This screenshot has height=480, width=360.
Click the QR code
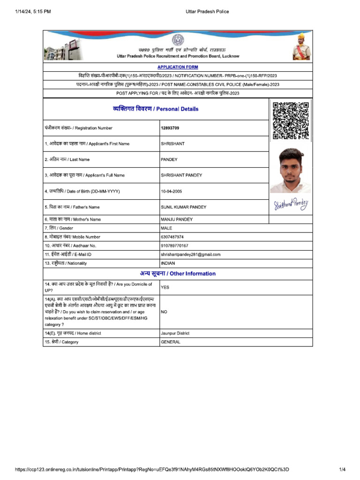click(291, 120)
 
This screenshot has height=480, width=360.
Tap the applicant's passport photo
click(291, 170)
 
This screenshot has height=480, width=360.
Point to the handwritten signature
click(291, 204)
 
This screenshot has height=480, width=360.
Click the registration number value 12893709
click(170, 128)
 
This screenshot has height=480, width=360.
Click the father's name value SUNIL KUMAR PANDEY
click(183, 207)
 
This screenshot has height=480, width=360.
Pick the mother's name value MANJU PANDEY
click(176, 219)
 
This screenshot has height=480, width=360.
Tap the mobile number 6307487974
click(172, 237)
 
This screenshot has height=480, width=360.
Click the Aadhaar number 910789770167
click(174, 246)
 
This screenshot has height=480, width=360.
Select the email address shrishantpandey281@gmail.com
click(190, 255)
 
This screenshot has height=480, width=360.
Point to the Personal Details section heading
click(156, 109)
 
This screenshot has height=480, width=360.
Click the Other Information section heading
click(178, 274)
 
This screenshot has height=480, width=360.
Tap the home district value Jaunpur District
click(175, 333)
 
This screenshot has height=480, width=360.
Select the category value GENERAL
click(171, 342)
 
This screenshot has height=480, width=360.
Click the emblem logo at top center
click(178, 40)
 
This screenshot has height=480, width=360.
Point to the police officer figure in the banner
click(301, 47)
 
